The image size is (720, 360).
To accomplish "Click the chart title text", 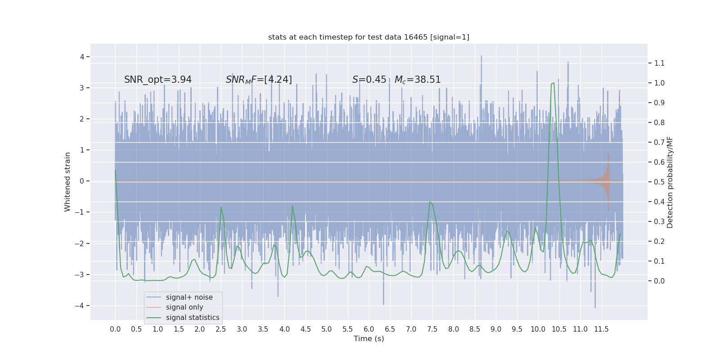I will pos(369,37).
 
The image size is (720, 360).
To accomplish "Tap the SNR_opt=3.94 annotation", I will pos(158,80).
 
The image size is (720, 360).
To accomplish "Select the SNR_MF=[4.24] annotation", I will pos(259,80).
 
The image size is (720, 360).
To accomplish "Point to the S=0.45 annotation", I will pos(369,80).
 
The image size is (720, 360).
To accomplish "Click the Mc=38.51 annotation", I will pos(418,80).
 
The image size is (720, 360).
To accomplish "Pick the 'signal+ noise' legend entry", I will pos(189,297).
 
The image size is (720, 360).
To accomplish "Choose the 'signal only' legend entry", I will pos(184,307).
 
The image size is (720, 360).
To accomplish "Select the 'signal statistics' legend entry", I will pos(193,318).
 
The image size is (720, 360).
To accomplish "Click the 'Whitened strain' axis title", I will pos(67,182).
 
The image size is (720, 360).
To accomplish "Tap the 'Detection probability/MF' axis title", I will pos(670,182).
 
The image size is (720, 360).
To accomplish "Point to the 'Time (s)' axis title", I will pos(369,339).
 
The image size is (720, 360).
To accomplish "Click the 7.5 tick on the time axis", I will pos(432,329).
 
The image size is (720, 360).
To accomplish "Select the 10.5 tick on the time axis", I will pos(559,329).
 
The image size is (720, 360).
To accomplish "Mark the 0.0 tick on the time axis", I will pos(115,329).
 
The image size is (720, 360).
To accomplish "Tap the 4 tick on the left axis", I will pos(82,57).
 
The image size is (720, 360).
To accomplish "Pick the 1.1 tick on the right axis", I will pos(659,63).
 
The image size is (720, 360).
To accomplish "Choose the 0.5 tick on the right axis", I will pos(659,182).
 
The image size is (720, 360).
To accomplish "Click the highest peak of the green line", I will pos(553,83).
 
